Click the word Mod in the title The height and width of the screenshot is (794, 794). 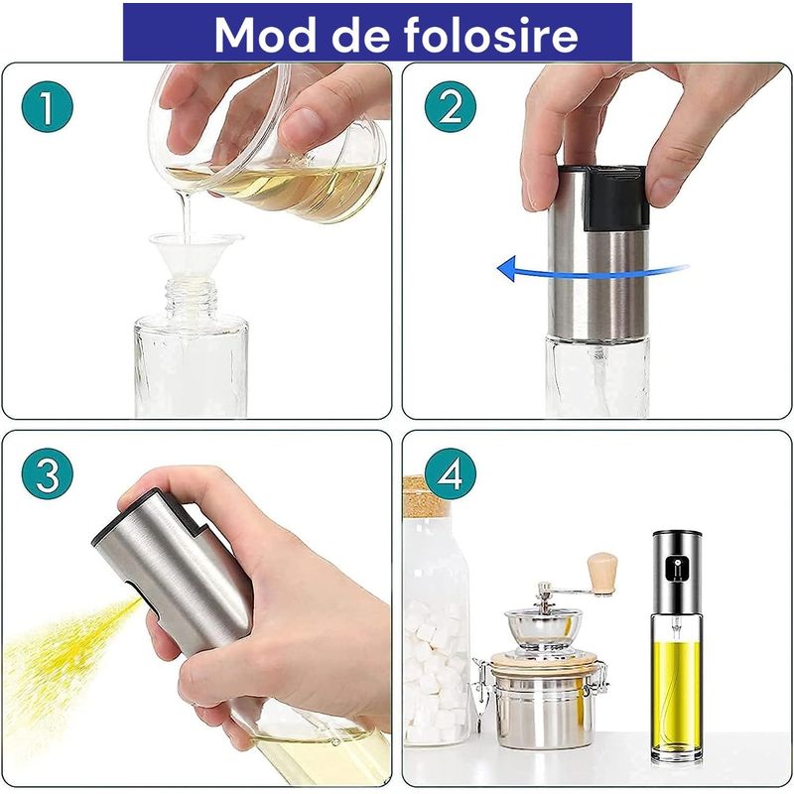(261, 35)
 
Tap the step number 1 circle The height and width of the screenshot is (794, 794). (47, 107)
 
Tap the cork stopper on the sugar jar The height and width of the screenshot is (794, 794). (425, 497)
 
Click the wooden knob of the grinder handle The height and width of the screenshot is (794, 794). (601, 574)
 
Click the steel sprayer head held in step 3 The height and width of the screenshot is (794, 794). (179, 566)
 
